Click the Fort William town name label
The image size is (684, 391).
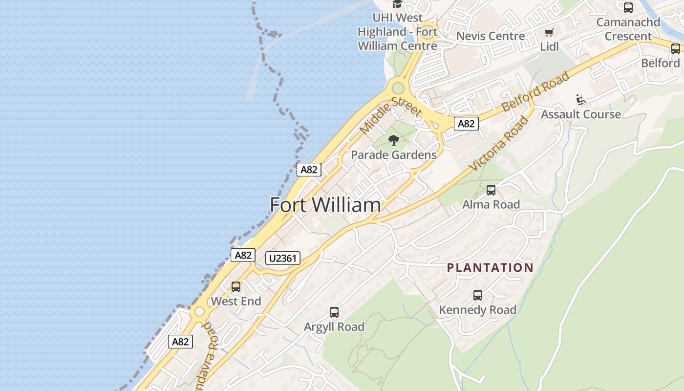[x=325, y=205]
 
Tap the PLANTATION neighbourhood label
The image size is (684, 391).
[x=490, y=267]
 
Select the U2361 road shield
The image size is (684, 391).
[x=283, y=258]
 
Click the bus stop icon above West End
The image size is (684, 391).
[x=236, y=287]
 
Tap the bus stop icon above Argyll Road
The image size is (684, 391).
[x=334, y=312]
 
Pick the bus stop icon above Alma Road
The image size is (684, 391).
[x=491, y=190]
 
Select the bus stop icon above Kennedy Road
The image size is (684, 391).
[x=478, y=295]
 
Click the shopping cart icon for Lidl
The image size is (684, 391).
[x=549, y=33]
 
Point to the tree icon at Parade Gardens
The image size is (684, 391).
[x=393, y=141]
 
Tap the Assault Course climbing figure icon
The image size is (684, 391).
[x=580, y=100]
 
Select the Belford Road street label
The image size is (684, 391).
[x=535, y=91]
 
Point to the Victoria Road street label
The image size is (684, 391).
[x=499, y=143]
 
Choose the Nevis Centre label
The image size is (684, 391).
[x=491, y=36]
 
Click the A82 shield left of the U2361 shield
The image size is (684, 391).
[x=243, y=255]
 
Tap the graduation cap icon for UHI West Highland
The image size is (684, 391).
[x=397, y=4]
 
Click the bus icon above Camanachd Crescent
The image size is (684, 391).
[x=628, y=8]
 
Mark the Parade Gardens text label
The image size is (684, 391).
[x=394, y=155]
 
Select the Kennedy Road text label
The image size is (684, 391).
[x=477, y=310]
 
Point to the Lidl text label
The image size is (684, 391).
[x=549, y=47]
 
